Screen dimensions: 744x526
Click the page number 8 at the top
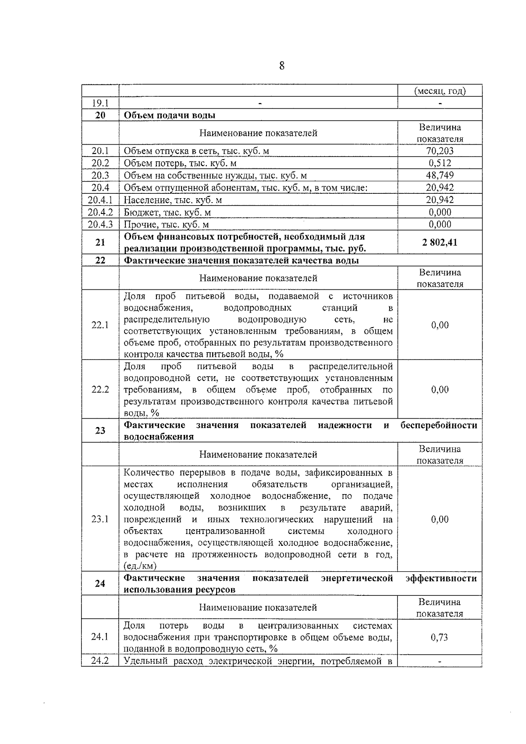click(x=281, y=66)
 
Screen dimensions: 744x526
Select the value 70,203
click(x=440, y=151)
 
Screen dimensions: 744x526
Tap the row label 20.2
click(x=100, y=163)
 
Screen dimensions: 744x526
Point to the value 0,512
click(x=440, y=163)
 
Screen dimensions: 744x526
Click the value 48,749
click(x=440, y=175)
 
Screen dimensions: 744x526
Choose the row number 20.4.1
click(x=100, y=200)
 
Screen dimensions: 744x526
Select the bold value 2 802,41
click(x=440, y=242)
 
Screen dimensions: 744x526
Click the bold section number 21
click(x=100, y=242)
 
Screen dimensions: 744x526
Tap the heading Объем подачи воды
click(x=170, y=115)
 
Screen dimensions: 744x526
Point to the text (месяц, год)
click(x=440, y=91)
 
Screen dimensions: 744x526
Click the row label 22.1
click(x=100, y=325)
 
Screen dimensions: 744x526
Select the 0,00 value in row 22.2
click(x=440, y=389)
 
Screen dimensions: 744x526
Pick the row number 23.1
click(x=100, y=519)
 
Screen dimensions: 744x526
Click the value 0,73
click(x=440, y=637)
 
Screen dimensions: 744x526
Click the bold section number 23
click(x=100, y=431)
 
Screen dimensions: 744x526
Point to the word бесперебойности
click(x=439, y=425)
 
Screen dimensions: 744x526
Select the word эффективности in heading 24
click(x=441, y=578)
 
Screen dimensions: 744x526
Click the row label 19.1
click(x=100, y=103)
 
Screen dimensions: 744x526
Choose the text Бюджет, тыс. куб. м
click(x=167, y=213)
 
